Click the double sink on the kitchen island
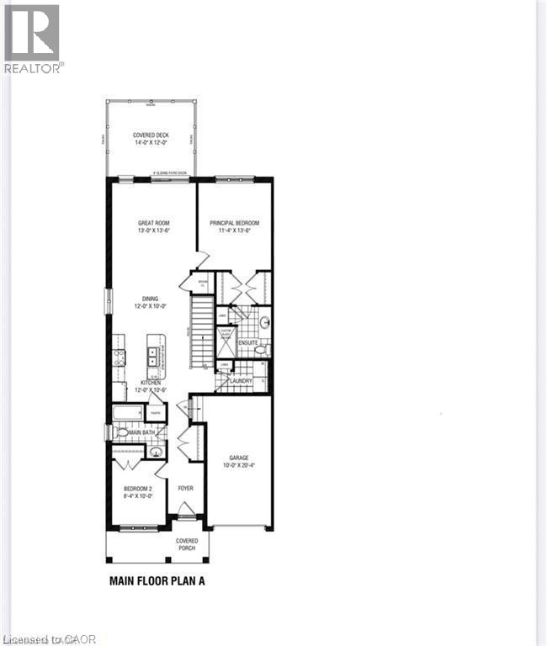[154, 357]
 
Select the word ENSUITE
[247, 343]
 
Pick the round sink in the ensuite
[263, 321]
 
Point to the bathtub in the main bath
[128, 412]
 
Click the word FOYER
[185, 487]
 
